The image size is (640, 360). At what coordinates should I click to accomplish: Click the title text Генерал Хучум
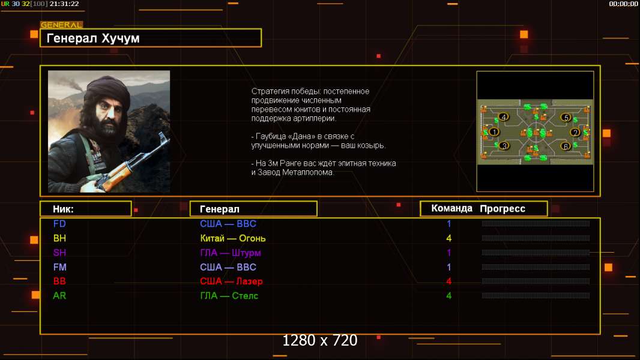(x=93, y=38)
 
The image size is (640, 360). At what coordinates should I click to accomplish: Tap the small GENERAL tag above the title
(x=62, y=25)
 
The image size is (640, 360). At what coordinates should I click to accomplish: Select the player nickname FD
(x=59, y=224)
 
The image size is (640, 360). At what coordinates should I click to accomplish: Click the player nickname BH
(x=59, y=238)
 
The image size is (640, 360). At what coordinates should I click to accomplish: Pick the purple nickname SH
(x=59, y=253)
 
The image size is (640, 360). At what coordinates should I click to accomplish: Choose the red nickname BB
(x=59, y=281)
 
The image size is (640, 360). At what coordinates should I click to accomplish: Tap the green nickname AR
(x=59, y=296)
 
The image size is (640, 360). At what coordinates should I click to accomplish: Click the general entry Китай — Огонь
(x=233, y=239)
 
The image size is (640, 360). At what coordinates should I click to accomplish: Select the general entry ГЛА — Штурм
(x=230, y=253)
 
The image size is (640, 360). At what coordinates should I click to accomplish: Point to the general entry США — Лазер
(x=231, y=281)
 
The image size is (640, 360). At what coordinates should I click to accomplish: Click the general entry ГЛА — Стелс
(x=229, y=296)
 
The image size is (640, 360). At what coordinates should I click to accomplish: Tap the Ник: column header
(x=63, y=209)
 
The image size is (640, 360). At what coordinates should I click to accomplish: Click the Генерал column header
(x=220, y=209)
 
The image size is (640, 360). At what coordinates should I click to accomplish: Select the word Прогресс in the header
(x=503, y=209)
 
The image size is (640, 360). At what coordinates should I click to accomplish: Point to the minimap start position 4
(x=504, y=117)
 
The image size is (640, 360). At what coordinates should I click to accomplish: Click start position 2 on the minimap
(x=576, y=133)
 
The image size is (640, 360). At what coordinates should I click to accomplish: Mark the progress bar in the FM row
(x=536, y=268)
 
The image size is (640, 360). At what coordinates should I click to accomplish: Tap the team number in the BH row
(x=449, y=239)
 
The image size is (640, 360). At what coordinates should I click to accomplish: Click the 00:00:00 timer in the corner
(x=623, y=4)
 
